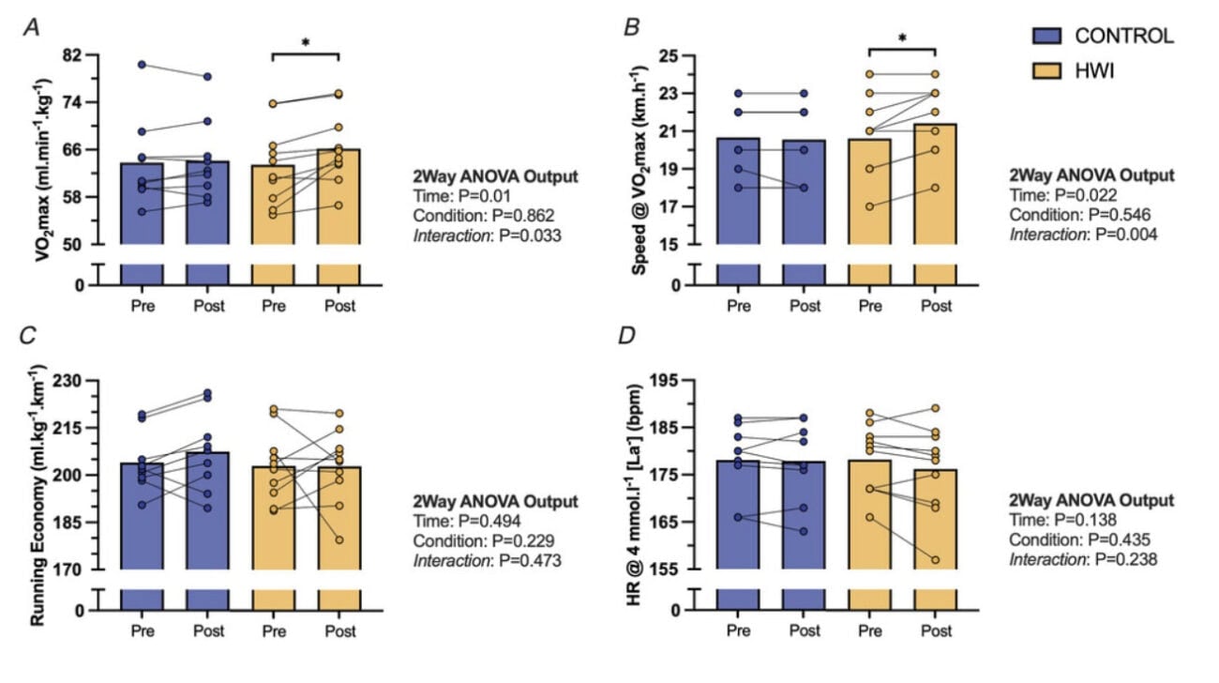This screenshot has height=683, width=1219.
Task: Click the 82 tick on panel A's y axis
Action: coord(97,55)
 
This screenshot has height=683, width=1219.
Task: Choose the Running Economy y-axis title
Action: coord(47,477)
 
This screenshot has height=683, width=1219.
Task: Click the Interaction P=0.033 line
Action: coord(487,235)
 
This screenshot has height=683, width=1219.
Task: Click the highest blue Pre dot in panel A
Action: coord(142,65)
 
